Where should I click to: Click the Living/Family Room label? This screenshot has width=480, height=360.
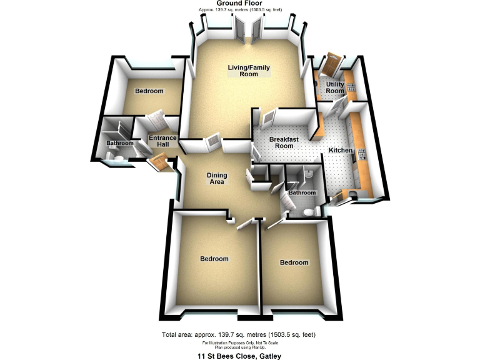(x=243, y=71)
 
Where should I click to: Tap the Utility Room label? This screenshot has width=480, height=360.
(x=335, y=87)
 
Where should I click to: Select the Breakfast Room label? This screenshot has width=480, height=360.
(x=281, y=142)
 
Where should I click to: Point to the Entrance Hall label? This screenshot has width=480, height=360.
(x=162, y=141)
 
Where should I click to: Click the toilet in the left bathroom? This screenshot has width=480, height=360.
(x=122, y=161)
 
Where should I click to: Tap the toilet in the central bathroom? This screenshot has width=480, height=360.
(x=307, y=213)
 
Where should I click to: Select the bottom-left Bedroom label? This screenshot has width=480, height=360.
(x=214, y=259)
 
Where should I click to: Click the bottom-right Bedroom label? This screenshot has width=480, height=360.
(x=294, y=262)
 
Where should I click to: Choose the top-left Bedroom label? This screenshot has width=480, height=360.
(x=149, y=91)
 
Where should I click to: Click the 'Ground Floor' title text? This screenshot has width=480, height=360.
(x=239, y=4)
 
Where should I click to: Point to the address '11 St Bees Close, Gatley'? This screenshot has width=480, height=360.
(x=239, y=356)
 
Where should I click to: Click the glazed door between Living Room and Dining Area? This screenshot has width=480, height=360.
(x=212, y=143)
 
